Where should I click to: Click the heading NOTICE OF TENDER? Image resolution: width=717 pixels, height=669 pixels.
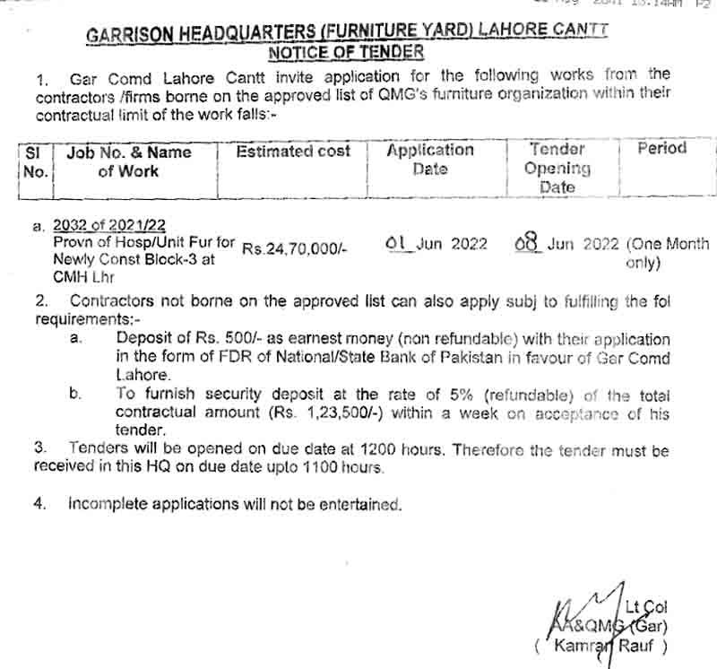[x=346, y=52]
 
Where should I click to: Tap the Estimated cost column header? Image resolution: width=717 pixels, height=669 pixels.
[x=293, y=152]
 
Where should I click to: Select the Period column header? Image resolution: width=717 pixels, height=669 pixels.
[x=661, y=149]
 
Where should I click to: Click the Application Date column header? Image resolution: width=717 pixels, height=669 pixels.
[x=430, y=160]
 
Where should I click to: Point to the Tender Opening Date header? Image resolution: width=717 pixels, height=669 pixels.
[x=557, y=169]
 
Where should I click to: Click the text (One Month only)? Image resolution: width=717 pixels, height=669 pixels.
[x=667, y=253]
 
